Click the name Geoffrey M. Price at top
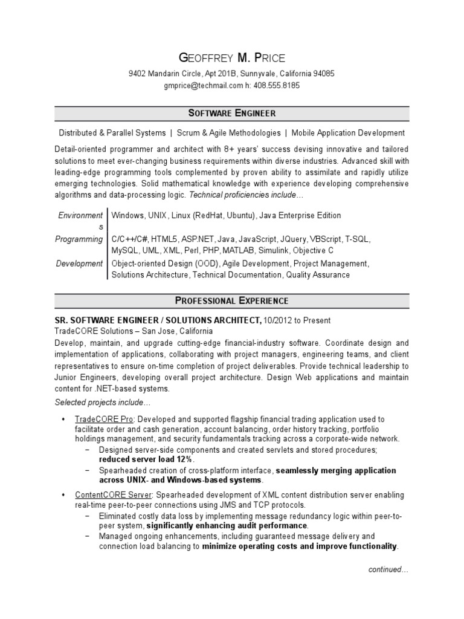click(x=232, y=58)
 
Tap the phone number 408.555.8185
click(x=276, y=86)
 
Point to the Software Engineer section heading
click(x=232, y=114)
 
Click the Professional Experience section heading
click(x=232, y=300)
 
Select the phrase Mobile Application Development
click(x=348, y=133)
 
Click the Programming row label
click(x=79, y=239)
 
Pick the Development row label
click(x=80, y=264)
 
